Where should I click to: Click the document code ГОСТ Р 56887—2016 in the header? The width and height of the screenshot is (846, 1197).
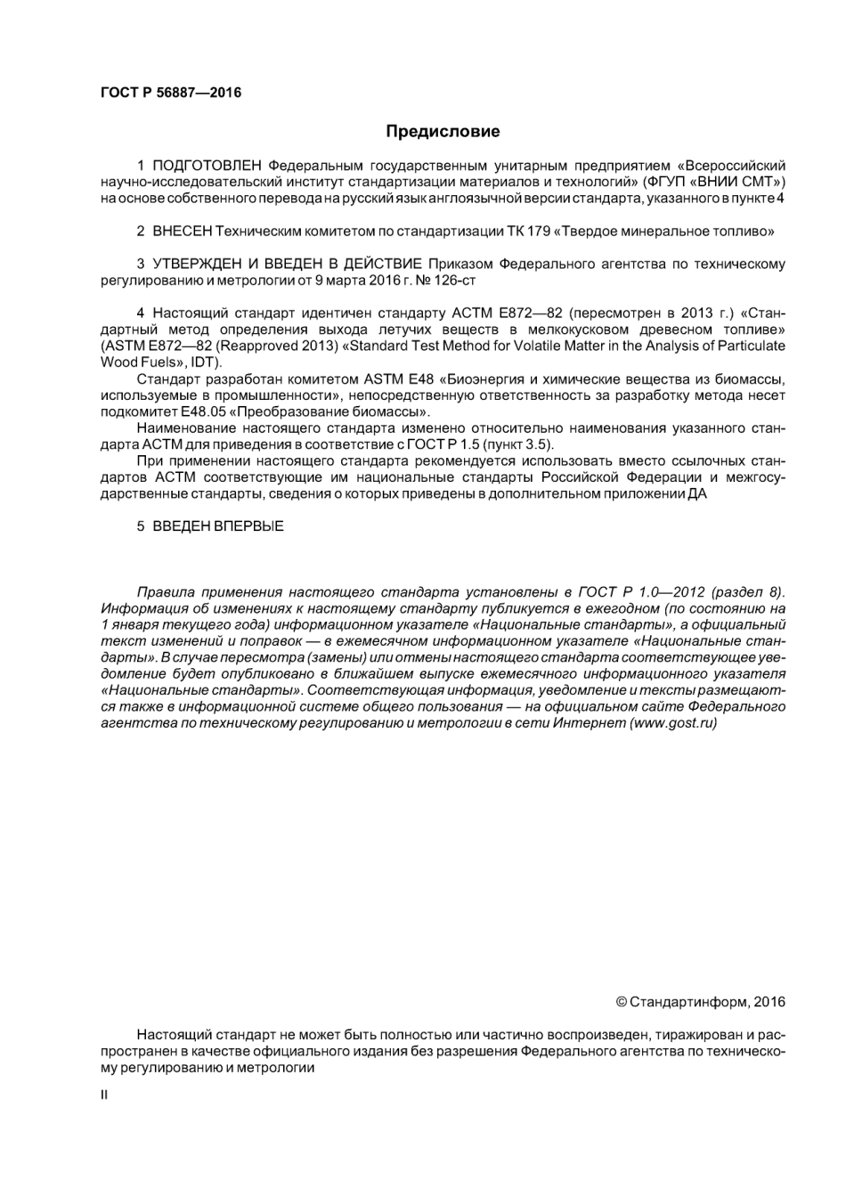(x=170, y=93)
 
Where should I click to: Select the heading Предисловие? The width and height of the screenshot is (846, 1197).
(x=443, y=132)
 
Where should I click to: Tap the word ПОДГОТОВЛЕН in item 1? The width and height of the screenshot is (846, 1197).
(x=207, y=166)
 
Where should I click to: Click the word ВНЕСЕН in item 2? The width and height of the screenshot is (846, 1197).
(x=183, y=232)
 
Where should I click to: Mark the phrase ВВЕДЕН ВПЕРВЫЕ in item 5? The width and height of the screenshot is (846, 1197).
(x=218, y=526)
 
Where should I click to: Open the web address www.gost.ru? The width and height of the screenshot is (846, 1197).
(x=673, y=723)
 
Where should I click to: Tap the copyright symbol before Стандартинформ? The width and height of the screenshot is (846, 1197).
(x=621, y=1003)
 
